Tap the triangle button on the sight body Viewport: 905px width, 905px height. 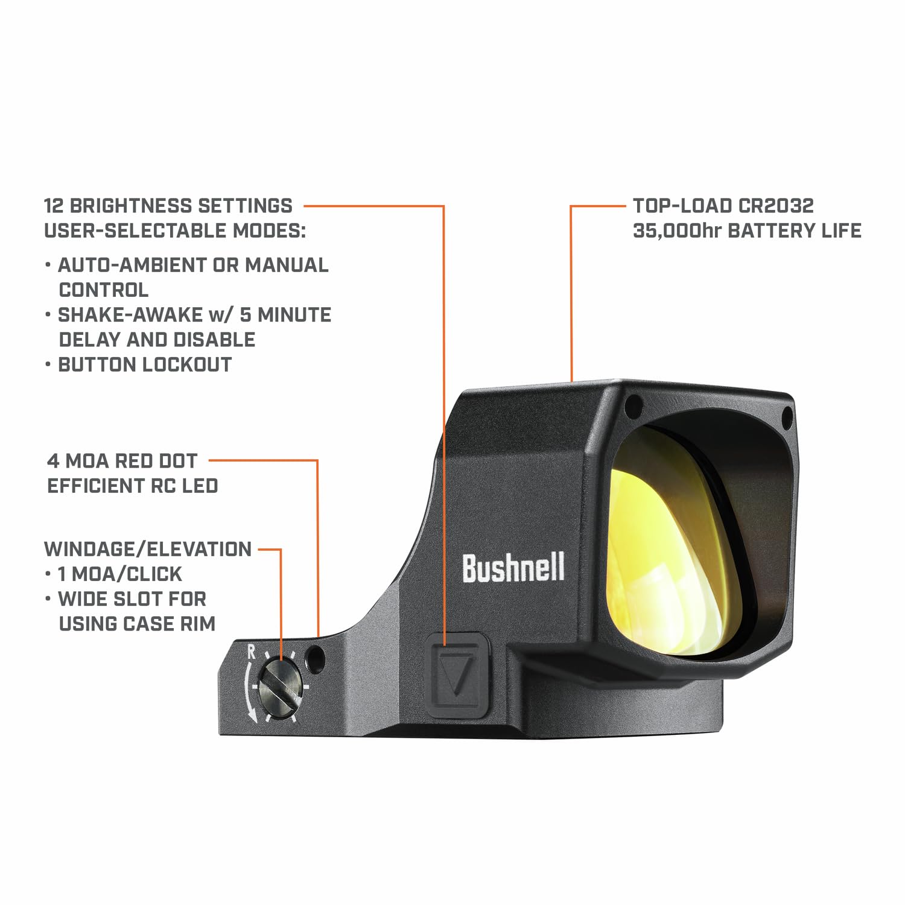pyautogui.click(x=456, y=675)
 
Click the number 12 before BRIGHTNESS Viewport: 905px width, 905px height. pyautogui.click(x=54, y=206)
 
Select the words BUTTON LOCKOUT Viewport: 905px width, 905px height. pyautogui.click(x=145, y=364)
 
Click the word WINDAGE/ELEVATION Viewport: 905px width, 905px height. pyautogui.click(x=148, y=549)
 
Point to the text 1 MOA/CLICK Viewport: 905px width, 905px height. pyautogui.click(x=120, y=574)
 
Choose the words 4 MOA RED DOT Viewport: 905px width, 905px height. pyautogui.click(x=122, y=461)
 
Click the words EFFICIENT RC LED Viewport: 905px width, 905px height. pyautogui.click(x=133, y=486)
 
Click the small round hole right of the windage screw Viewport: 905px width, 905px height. pyautogui.click(x=314, y=658)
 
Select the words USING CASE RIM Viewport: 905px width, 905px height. pyautogui.click(x=137, y=623)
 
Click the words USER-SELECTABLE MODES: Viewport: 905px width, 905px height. pyautogui.click(x=175, y=230)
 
